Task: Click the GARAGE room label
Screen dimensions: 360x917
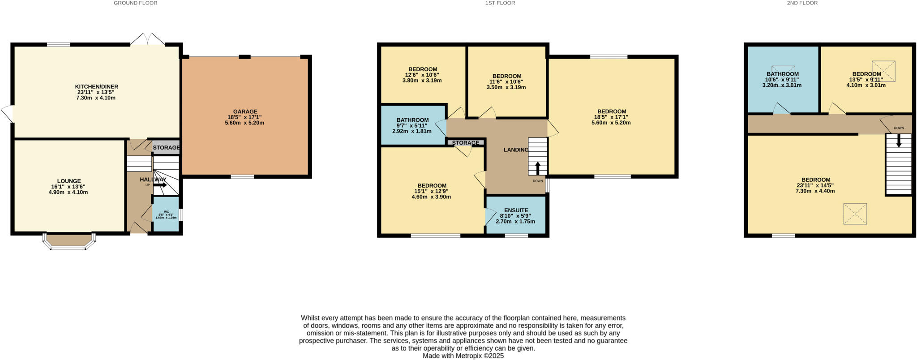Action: tap(245, 111)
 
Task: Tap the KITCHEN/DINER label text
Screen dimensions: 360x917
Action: tap(96, 86)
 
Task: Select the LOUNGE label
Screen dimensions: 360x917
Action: tap(69, 181)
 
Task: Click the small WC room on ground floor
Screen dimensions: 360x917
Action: tap(166, 214)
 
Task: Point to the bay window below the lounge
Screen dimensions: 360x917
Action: tap(69, 242)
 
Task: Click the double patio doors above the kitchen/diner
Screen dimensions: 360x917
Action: tap(148, 39)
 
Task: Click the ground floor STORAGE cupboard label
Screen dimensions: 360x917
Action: tap(166, 147)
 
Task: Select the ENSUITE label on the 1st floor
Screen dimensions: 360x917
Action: tap(516, 210)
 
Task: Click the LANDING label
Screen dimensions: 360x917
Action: tap(516, 150)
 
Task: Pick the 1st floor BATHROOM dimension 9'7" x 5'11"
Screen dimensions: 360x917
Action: tap(412, 126)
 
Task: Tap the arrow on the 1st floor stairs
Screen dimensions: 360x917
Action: tap(538, 168)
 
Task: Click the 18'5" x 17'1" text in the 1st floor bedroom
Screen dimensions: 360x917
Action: tap(612, 117)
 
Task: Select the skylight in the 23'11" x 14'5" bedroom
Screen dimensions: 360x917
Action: tap(855, 214)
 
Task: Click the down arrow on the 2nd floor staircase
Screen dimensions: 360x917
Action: tap(898, 141)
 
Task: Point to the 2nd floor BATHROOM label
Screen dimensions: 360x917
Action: tap(782, 74)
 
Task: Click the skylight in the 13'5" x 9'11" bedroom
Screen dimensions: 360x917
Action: tap(883, 71)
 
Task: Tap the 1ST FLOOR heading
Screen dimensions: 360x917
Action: tap(500, 3)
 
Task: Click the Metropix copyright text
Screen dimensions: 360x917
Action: tap(463, 356)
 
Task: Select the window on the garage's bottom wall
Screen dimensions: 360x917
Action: tap(242, 177)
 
